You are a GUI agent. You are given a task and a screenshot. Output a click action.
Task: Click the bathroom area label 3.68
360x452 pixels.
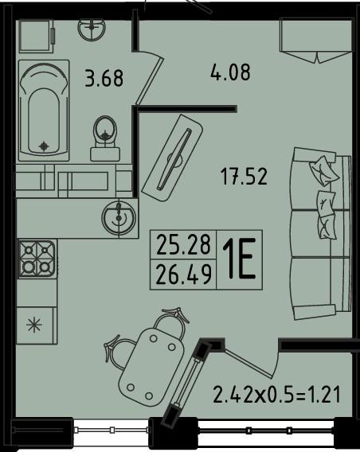pos(104,78)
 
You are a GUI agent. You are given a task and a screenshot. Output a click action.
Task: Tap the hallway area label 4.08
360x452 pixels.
pos(230,72)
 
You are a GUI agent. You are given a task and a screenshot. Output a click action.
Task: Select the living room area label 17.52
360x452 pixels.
pos(244,177)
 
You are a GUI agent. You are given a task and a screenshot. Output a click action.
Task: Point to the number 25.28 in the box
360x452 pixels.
pos(183,245)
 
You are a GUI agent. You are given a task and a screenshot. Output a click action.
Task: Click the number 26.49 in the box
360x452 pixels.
pos(183,275)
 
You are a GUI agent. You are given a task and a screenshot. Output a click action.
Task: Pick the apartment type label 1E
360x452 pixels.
pos(239,259)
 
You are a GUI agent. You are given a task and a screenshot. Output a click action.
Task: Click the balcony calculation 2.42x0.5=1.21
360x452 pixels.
pos(277,395)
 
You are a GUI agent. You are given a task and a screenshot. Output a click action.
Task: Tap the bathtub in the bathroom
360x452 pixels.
pos(44,111)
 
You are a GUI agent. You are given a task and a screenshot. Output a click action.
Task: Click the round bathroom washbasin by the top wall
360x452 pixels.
pos(92,29)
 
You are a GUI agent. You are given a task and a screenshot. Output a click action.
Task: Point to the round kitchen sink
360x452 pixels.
pos(119,216)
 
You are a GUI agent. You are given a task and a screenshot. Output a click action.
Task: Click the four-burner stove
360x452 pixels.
pos(37,259)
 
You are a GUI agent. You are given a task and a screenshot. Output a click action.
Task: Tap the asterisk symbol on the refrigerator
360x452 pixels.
pos(34,325)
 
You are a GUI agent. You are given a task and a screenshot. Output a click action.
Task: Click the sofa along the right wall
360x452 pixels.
pos(320,233)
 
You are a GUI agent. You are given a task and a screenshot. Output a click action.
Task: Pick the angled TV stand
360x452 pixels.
pos(173,158)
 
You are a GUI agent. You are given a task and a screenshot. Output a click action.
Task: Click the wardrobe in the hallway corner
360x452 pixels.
pos(316,41)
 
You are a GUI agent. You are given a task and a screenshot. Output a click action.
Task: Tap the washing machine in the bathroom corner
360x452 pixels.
pos(37,36)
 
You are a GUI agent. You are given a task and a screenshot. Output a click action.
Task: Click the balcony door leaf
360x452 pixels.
pos(248,363)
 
